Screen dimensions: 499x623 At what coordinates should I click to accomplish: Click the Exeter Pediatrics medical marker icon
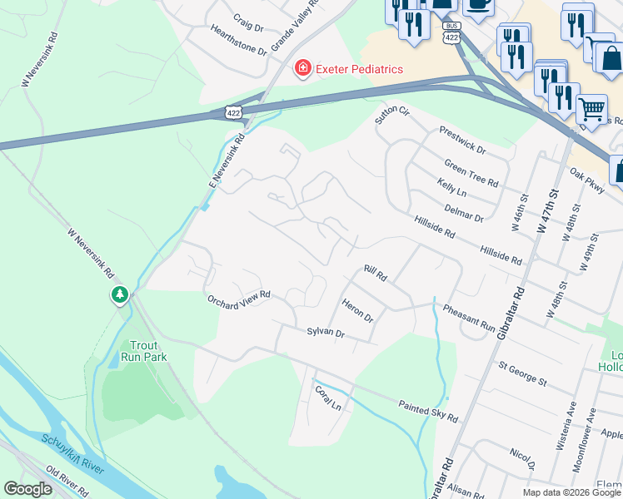click(x=302, y=68)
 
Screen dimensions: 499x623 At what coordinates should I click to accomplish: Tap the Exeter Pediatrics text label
click(x=359, y=69)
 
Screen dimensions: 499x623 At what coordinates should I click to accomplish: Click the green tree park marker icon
click(x=120, y=295)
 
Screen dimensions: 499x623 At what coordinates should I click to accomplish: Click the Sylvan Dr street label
click(x=325, y=332)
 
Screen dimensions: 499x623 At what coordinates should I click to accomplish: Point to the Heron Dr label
click(x=357, y=312)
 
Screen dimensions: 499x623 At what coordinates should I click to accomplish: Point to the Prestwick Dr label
click(x=462, y=141)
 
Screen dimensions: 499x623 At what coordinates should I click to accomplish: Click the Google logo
click(x=27, y=489)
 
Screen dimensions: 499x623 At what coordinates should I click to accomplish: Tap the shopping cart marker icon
click(x=591, y=108)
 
